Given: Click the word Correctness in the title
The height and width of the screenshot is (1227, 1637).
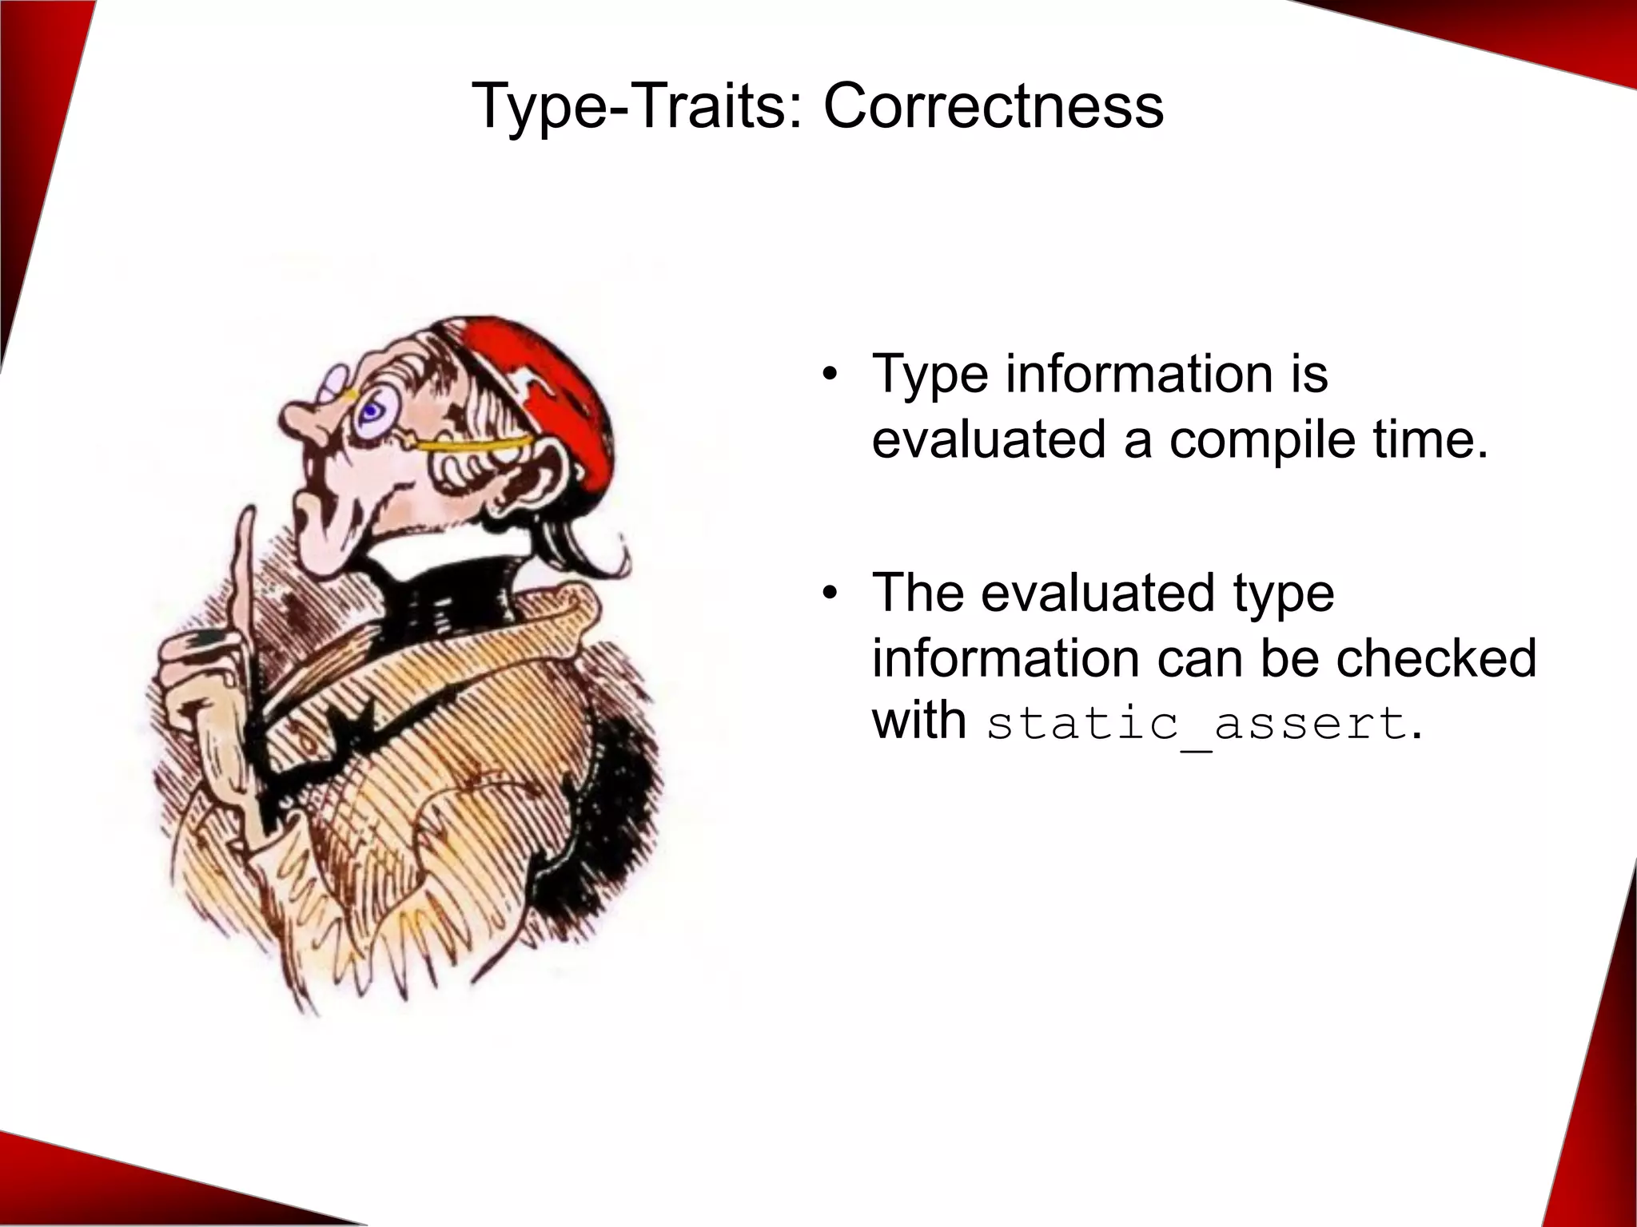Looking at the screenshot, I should tap(993, 106).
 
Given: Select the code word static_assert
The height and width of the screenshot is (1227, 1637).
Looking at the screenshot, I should tap(1196, 724).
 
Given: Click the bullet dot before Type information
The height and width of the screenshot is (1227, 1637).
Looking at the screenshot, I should tap(830, 375).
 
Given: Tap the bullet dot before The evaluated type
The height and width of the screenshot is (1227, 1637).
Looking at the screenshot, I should tap(830, 594).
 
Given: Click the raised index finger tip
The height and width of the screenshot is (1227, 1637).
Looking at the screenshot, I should tap(247, 519).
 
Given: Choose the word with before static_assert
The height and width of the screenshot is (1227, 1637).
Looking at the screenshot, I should tap(918, 721).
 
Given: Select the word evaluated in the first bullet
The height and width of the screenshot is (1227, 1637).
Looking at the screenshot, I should tap(990, 440).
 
